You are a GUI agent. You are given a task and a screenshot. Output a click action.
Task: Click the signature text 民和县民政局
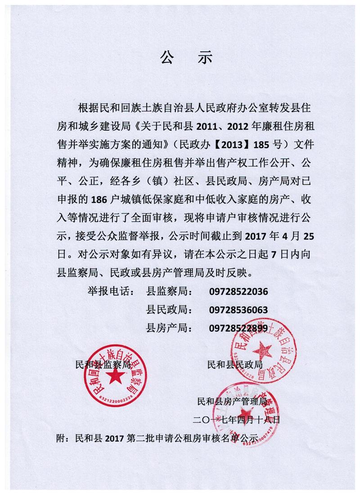[234, 364]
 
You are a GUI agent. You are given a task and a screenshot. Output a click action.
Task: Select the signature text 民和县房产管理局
[232, 400]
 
